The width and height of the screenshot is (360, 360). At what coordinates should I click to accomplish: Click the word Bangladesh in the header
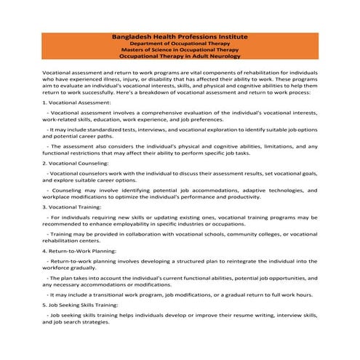pyautogui.click(x=135, y=36)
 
